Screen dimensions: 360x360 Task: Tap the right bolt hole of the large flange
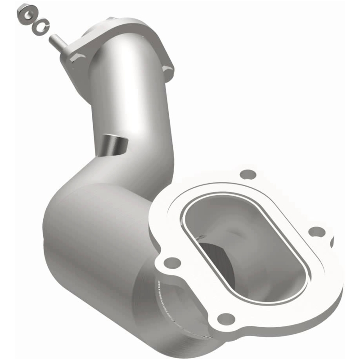(317, 231)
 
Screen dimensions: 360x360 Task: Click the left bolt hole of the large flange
(172, 262)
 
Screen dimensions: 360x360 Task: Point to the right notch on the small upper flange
(168, 67)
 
